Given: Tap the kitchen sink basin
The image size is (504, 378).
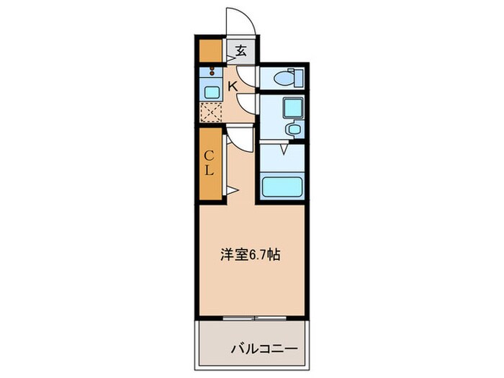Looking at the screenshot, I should point(212,91).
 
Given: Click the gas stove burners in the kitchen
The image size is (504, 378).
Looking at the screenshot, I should point(211,73).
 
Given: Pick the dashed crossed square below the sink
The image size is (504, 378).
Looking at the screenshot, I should point(212,112).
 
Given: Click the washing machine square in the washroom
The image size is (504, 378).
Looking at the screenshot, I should point(293,109).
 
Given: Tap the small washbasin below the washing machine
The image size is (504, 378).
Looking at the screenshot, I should point(294,130).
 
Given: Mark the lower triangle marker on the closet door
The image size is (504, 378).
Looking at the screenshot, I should point(231,190).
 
